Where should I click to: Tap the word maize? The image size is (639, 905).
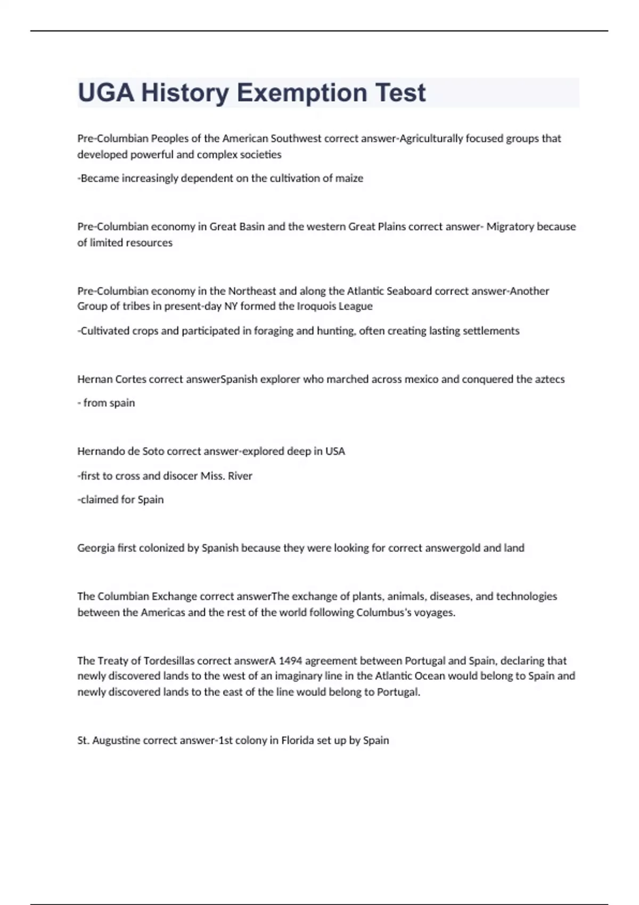[x=349, y=178]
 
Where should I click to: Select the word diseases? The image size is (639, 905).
[x=450, y=596]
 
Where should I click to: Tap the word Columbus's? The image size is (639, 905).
[x=383, y=612]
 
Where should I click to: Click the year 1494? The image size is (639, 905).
[x=291, y=661]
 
